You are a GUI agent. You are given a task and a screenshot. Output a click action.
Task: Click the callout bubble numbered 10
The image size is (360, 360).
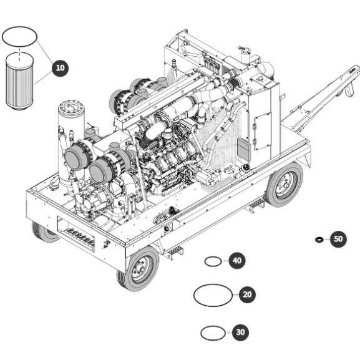pyautogui.click(x=60, y=68)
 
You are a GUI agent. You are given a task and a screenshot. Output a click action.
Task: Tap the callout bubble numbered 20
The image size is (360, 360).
pyautogui.click(x=247, y=294)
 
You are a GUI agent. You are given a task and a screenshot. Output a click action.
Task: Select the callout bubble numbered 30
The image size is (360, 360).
pyautogui.click(x=240, y=332)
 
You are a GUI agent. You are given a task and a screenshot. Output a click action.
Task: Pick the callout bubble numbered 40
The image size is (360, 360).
pyautogui.click(x=237, y=261)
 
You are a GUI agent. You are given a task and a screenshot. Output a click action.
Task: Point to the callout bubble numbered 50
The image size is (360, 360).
pyautogui.click(x=338, y=239)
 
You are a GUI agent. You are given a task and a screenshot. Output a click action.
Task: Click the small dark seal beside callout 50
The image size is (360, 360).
pyautogui.click(x=319, y=240)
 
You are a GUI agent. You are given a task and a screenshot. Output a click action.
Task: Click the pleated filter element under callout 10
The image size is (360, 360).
pyautogui.click(x=19, y=82)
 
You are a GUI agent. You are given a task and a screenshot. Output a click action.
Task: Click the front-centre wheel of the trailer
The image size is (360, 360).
pyautogui.click(x=139, y=269)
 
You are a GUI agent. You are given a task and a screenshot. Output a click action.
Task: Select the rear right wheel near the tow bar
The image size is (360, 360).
pyautogui.click(x=285, y=184)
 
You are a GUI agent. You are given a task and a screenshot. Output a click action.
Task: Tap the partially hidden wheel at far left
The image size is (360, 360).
pyautogui.click(x=45, y=232)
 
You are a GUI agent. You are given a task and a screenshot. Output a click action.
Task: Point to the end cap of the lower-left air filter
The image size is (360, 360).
pyautogui.click(x=74, y=158)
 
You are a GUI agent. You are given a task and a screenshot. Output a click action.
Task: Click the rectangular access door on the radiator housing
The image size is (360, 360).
pyautogui.click(x=263, y=132)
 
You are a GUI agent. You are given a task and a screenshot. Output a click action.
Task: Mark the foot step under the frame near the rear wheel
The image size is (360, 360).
pyautogui.click(x=256, y=204)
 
